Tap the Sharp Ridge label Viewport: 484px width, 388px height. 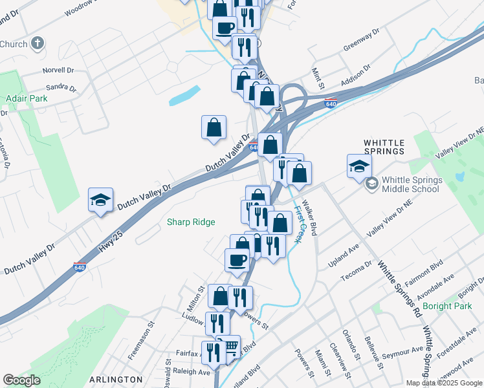pos(191,222)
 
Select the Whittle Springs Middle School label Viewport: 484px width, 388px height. pos(411,184)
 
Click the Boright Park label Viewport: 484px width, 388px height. pos(447,306)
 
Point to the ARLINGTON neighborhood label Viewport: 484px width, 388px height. pos(116,379)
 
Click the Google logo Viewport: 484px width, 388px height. pos(22,380)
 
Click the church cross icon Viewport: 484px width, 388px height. pos(38,43)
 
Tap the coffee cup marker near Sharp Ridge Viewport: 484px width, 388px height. pos(237,259)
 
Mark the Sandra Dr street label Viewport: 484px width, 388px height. pos(61,87)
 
